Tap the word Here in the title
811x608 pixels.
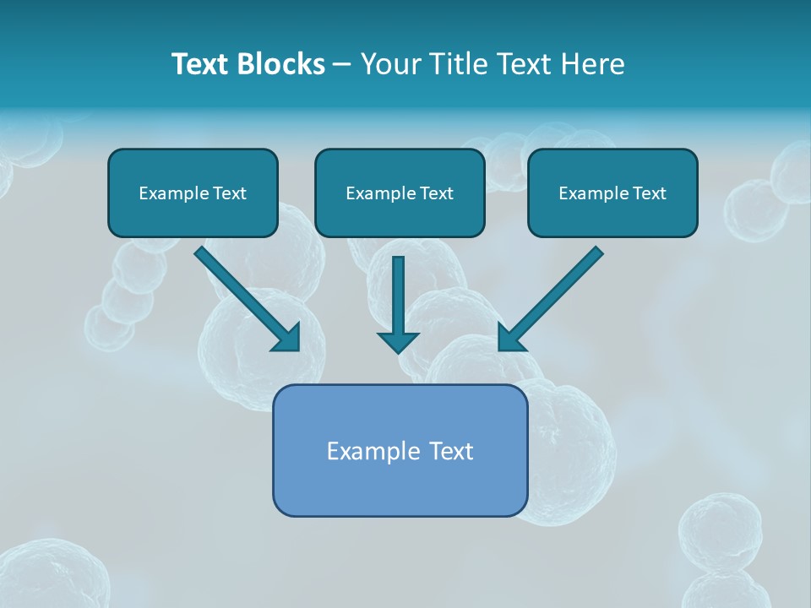(595, 64)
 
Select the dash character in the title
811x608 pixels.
(342, 65)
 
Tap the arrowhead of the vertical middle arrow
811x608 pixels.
(398, 342)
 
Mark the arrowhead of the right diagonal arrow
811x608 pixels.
(510, 339)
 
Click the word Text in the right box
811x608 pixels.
(650, 193)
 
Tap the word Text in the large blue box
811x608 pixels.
(450, 451)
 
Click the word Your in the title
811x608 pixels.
(389, 64)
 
